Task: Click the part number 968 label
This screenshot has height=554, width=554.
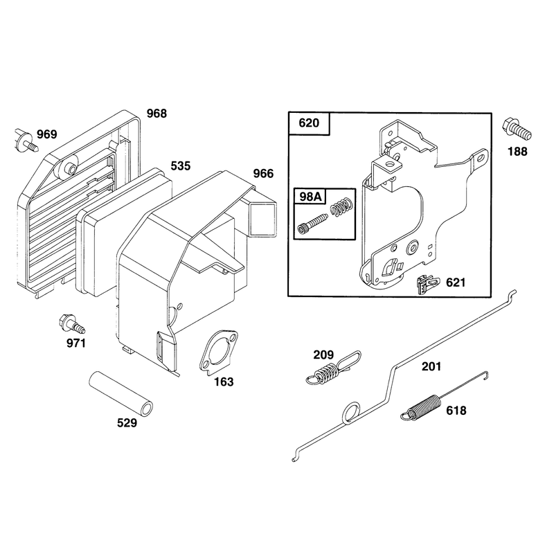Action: click(x=157, y=114)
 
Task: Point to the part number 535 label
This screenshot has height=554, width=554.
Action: click(x=181, y=166)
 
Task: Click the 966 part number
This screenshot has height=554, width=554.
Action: click(x=263, y=174)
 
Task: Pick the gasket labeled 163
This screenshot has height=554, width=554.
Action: click(x=218, y=352)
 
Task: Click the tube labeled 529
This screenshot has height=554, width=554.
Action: click(x=120, y=392)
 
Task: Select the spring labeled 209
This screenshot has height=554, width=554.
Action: click(x=332, y=368)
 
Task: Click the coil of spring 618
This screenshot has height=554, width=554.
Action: click(x=423, y=407)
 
